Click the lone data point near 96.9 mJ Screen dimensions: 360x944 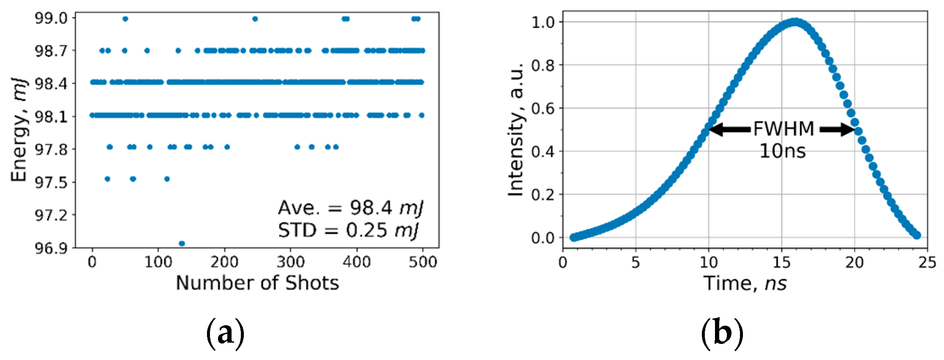pos(182,243)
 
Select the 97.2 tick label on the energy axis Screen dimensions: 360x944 pos(51,215)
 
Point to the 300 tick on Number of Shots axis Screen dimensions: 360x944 pos(290,262)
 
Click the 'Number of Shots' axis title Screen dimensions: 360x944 pos(257,283)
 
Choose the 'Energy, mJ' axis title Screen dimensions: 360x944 pos(19,130)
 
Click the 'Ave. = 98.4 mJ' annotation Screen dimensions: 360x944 pos(351,208)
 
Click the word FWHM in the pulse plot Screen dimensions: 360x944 pos(784,129)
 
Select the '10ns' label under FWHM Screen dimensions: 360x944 pos(782,151)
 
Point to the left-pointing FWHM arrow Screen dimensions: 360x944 pos(729,129)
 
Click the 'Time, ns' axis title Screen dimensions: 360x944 pos(745,283)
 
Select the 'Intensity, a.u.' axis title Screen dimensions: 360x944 pos(516,130)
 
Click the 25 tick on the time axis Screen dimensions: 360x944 pos(927,263)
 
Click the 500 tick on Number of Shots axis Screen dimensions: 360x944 pos(423,262)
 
